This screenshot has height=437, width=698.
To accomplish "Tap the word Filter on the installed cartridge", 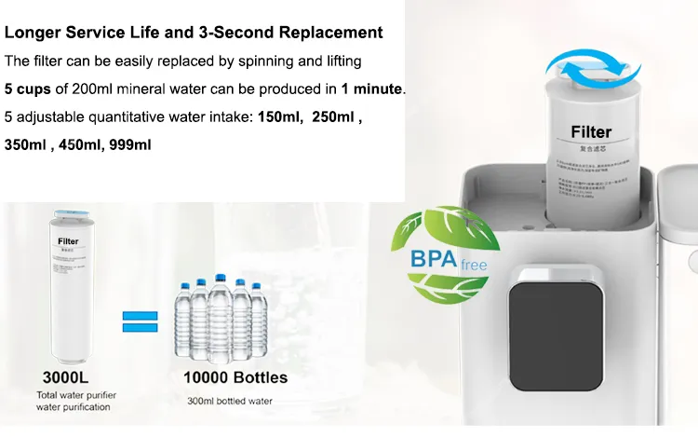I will pyautogui.click(x=591, y=132).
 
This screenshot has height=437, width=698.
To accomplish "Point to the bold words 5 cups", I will pyautogui.click(x=28, y=89).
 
